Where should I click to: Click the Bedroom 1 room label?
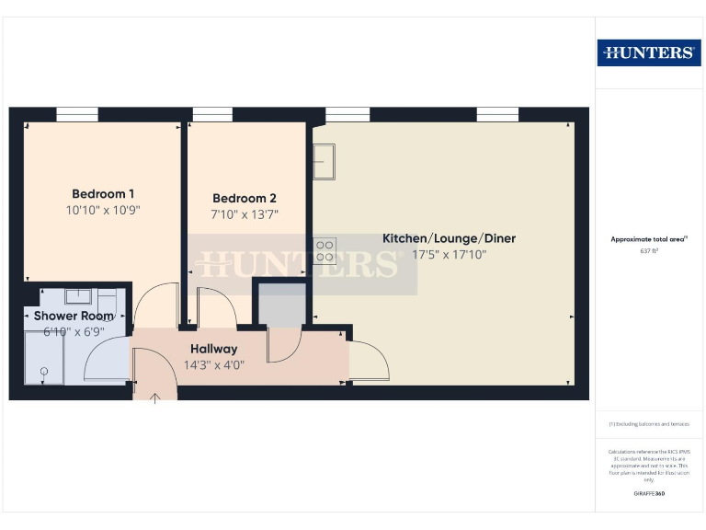point(103,194)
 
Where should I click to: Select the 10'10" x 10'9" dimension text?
point(103,210)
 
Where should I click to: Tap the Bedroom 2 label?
point(244,198)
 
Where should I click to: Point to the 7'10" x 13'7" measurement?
point(244,214)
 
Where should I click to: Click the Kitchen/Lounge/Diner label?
point(449,238)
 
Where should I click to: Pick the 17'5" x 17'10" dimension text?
point(449,255)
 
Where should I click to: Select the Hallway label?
point(213,349)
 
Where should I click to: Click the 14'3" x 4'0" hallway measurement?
point(213,364)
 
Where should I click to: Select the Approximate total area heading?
point(648,239)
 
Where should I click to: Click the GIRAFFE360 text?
point(649,494)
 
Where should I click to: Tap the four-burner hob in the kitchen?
point(325,251)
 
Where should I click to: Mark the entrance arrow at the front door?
point(155,397)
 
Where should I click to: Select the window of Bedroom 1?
point(77,115)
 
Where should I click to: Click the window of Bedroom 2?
point(212,115)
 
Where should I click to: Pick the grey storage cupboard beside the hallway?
point(280,305)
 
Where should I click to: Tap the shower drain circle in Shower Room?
point(42,371)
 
